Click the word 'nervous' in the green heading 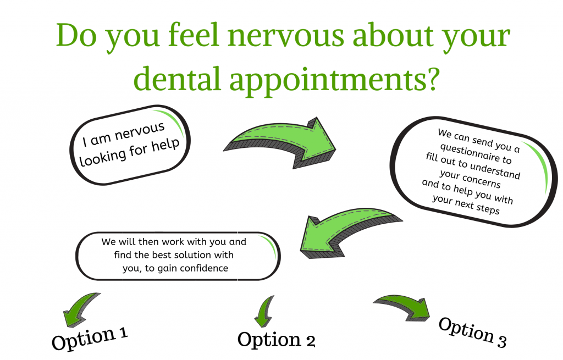[286, 36]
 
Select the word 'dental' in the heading [177, 78]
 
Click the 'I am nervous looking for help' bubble [130, 145]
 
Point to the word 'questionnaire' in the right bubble [476, 153]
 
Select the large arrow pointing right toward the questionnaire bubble [280, 142]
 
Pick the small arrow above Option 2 [265, 311]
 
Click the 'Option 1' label [90, 338]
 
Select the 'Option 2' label [277, 340]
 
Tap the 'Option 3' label [472, 333]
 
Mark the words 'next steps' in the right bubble [477, 206]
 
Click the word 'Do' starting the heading [76, 35]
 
